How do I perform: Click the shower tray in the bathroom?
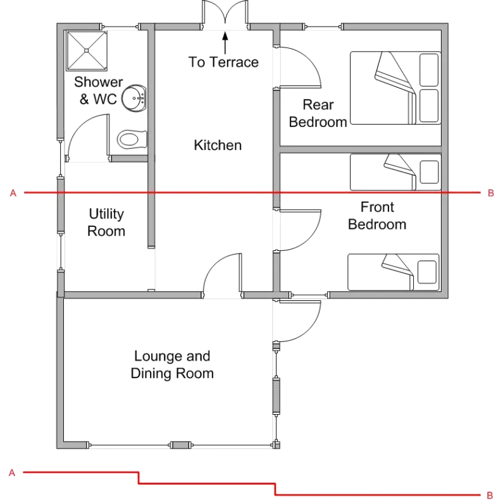coord(87,51)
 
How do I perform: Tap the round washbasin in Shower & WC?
coord(134,99)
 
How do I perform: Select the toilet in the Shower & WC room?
coord(132,140)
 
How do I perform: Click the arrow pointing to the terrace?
coord(225,42)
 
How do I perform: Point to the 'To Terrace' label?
coord(223,62)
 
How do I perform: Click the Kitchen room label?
coord(218,145)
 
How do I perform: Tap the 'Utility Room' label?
coord(106,222)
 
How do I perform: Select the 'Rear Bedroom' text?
coord(318,113)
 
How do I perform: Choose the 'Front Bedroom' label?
coord(377,216)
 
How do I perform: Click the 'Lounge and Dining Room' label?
coord(172,365)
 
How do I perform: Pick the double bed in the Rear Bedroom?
coord(395,88)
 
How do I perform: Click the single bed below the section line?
coord(394,272)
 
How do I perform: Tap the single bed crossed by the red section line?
coord(395,172)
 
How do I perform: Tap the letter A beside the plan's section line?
coord(13,193)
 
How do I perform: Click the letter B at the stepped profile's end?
coord(490,495)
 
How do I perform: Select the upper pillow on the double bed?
coord(429,70)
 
